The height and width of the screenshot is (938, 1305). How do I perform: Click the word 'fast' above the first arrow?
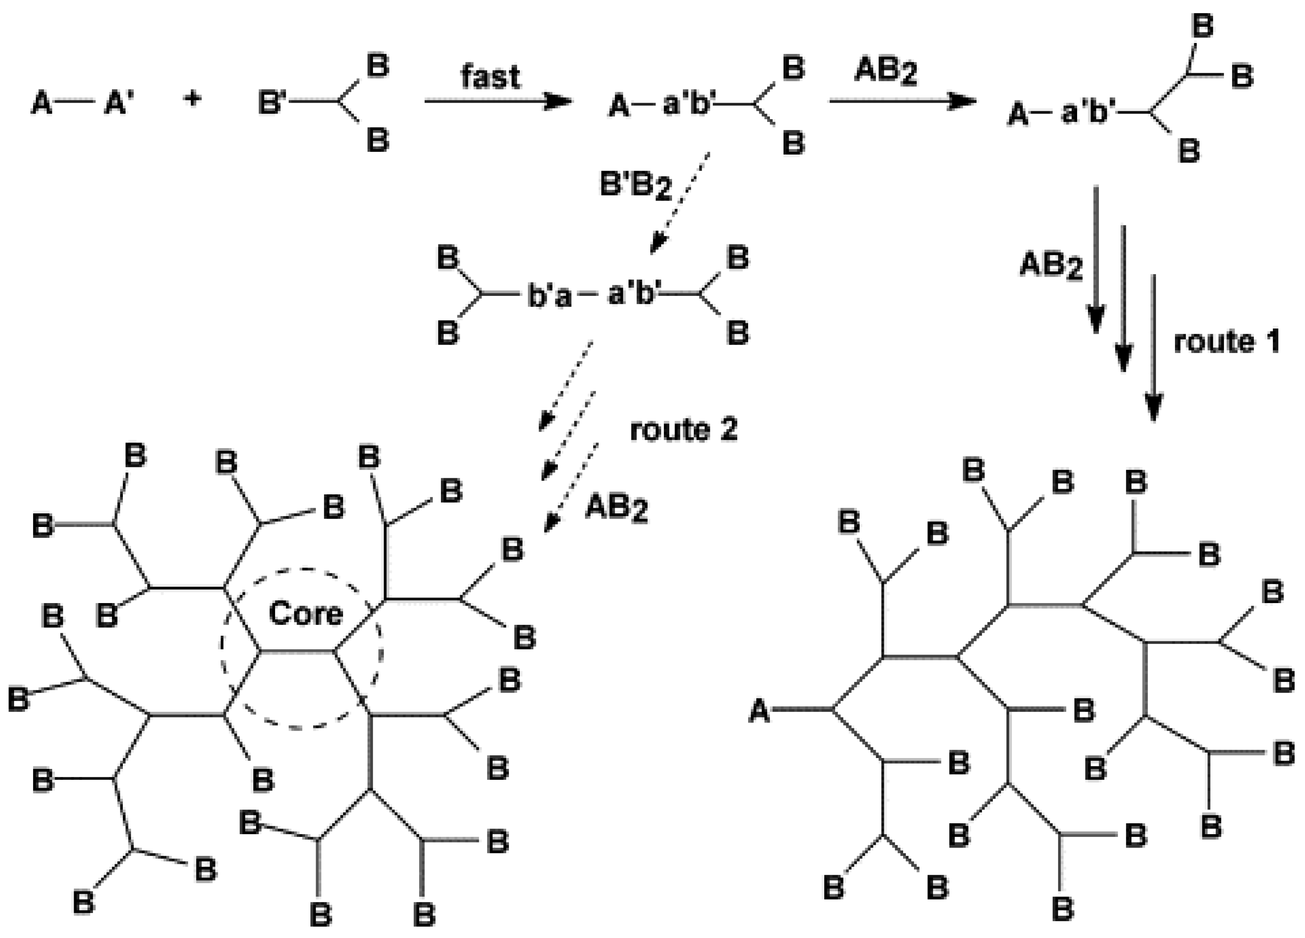pyautogui.click(x=490, y=76)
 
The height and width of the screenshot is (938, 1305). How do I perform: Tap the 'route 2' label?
pyautogui.click(x=684, y=430)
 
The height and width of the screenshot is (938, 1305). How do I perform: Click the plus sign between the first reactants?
pyautogui.click(x=193, y=99)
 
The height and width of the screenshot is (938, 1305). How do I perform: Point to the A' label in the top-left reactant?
pyautogui.click(x=118, y=105)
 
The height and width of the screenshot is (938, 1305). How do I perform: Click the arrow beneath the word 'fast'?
pyautogui.click(x=498, y=101)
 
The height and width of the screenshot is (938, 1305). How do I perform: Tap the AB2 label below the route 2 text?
pyautogui.click(x=616, y=509)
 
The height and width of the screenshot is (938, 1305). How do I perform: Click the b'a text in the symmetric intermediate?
pyautogui.click(x=550, y=296)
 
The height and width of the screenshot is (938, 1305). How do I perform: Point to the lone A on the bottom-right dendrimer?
pyautogui.click(x=759, y=711)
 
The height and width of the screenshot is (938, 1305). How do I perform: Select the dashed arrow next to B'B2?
pyautogui.click(x=680, y=202)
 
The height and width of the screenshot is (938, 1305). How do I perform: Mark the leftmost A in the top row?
pyautogui.click(x=41, y=105)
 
